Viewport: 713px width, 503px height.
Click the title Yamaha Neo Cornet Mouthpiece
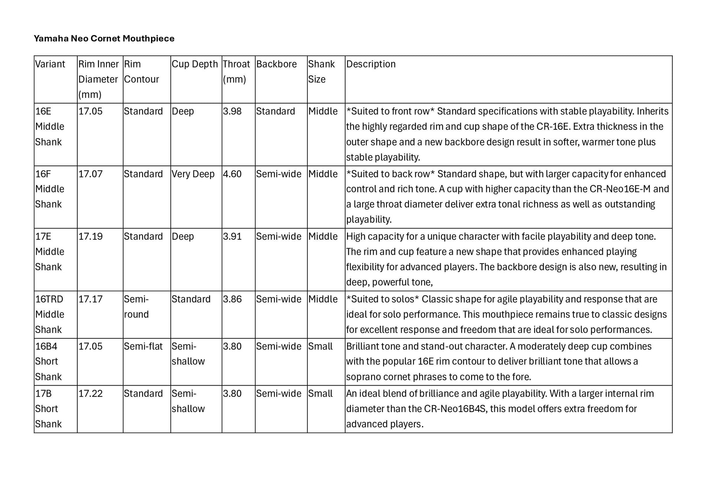point(104,38)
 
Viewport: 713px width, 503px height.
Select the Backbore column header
point(276,64)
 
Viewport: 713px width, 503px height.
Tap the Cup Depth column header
point(195,64)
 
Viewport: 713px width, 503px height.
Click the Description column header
point(371,64)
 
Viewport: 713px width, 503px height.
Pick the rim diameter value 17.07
point(90,174)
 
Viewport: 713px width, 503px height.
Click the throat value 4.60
point(232,174)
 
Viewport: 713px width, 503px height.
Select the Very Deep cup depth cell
point(193,174)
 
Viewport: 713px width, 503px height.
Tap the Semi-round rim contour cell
point(136,306)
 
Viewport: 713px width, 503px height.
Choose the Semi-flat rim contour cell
point(143,346)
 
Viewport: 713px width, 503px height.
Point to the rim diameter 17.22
point(90,393)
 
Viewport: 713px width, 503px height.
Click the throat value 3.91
point(232,236)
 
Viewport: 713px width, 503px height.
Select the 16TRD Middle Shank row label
point(49,314)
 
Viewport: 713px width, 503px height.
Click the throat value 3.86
point(232,299)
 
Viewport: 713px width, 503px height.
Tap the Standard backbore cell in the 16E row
point(276,111)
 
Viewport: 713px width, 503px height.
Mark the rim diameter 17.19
point(90,236)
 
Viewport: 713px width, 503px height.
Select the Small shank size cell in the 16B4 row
point(320,346)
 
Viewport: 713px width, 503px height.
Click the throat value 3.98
point(232,111)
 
